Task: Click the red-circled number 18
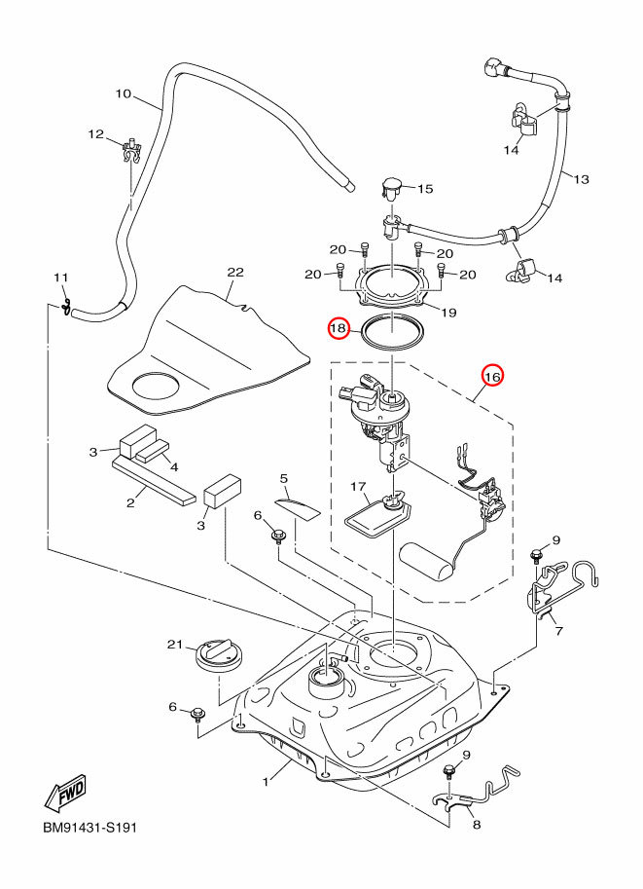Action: click(339, 328)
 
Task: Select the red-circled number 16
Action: click(492, 376)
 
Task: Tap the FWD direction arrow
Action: click(65, 791)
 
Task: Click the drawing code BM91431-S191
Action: click(90, 828)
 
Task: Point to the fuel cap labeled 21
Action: click(219, 656)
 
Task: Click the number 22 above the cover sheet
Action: click(235, 272)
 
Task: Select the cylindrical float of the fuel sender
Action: click(428, 560)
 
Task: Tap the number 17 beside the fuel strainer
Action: click(358, 487)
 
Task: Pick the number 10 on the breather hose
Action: click(123, 93)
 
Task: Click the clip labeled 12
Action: click(132, 150)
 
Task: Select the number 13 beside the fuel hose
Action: click(582, 180)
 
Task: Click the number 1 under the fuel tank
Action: click(266, 782)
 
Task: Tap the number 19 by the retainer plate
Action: click(448, 313)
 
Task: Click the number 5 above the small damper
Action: click(284, 479)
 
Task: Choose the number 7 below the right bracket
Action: click(559, 630)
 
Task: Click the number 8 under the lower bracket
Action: click(477, 824)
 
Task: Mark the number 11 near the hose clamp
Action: click(60, 278)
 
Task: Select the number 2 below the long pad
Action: click(130, 502)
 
